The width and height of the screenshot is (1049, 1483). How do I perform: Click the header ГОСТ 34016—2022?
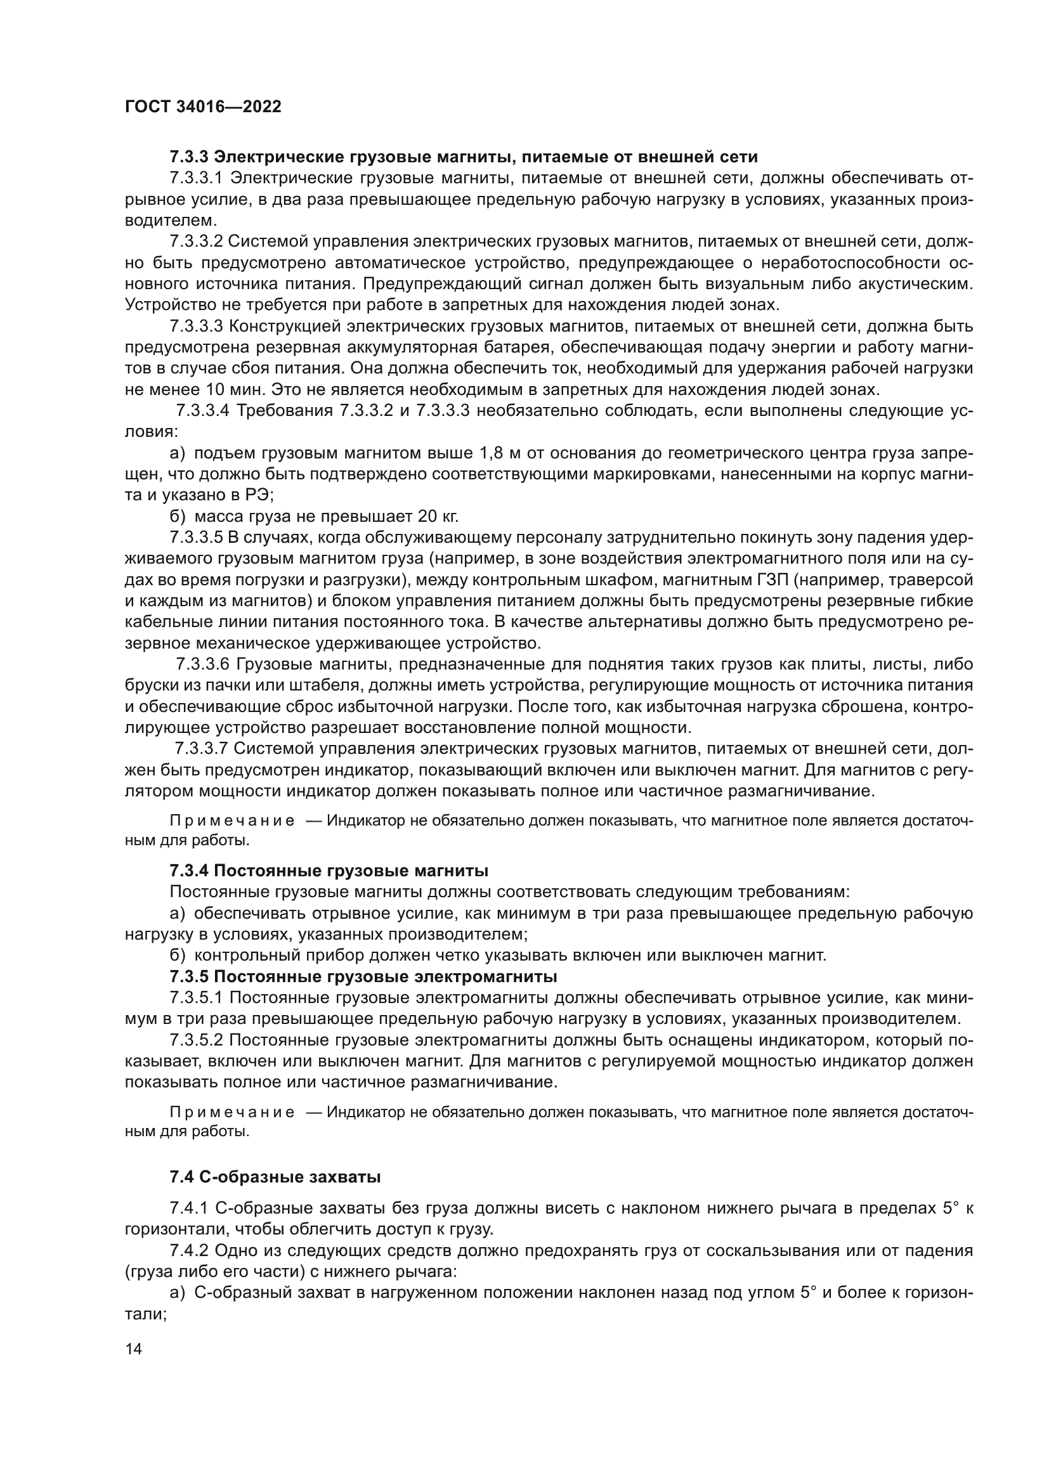[203, 107]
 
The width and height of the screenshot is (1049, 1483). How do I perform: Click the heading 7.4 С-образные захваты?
[275, 1177]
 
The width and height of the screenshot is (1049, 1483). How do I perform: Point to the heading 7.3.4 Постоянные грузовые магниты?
[328, 871]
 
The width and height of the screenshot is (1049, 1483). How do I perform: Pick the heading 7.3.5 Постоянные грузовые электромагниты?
[363, 976]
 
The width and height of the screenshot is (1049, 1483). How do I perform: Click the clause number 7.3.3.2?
[196, 242]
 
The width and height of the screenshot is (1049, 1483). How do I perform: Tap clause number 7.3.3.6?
[202, 664]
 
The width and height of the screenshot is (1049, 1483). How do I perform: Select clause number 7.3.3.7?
[202, 749]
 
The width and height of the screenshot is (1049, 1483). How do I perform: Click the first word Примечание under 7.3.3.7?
[232, 822]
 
